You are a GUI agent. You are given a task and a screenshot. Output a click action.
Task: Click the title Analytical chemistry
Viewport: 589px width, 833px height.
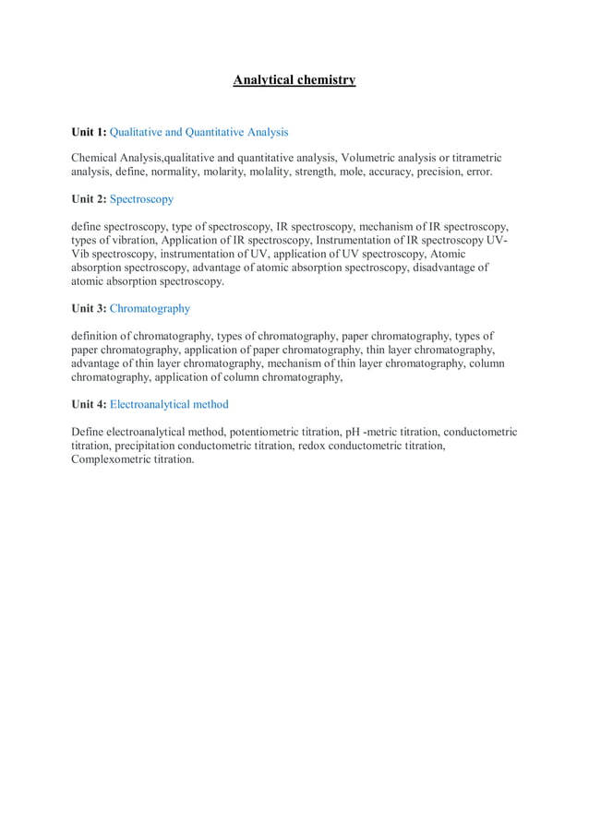point(294,80)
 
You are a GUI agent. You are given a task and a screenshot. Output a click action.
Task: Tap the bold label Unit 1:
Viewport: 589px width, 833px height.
point(89,132)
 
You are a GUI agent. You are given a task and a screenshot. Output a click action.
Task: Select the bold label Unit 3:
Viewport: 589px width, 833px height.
point(89,308)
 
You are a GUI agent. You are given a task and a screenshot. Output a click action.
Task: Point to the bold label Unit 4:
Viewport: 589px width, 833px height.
point(89,404)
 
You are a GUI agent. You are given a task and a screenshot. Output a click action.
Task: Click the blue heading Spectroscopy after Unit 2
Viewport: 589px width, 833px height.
point(141,198)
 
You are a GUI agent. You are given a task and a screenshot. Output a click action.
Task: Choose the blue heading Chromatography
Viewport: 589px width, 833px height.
point(150,308)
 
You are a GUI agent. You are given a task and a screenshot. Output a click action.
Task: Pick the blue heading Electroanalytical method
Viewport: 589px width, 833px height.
point(169,404)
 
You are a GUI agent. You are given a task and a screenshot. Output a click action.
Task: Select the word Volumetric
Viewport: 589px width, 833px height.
point(368,158)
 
